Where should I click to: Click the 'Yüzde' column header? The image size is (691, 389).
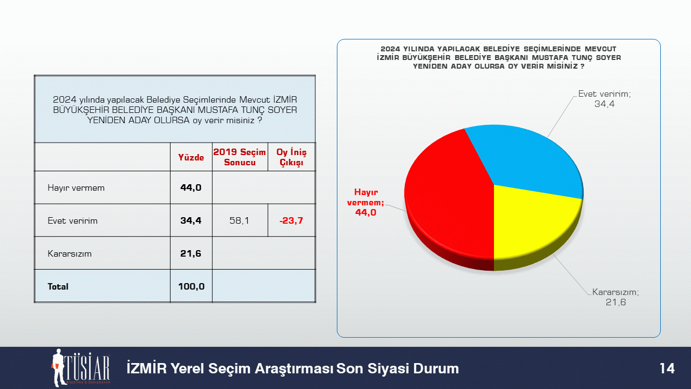[x=191, y=157]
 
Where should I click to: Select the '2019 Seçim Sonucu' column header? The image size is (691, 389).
[x=240, y=157]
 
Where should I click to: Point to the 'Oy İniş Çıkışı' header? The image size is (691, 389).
[x=292, y=157]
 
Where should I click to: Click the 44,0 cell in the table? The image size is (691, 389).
[x=191, y=187]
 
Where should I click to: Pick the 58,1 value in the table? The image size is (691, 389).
[x=239, y=220]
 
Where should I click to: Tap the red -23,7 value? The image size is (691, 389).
[x=291, y=220]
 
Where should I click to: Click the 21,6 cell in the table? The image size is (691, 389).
[x=191, y=253]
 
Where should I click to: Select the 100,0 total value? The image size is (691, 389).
[x=191, y=286]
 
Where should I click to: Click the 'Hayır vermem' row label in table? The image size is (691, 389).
[x=76, y=187]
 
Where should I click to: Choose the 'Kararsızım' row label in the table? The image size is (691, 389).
[x=70, y=254]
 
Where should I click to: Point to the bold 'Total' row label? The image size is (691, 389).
[x=58, y=286]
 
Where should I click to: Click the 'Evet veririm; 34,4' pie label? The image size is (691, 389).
[x=605, y=99]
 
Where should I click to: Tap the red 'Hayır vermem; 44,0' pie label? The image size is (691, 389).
[x=366, y=202]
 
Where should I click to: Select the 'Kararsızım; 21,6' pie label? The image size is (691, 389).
[x=616, y=297]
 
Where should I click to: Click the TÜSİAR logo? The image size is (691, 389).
[x=81, y=368]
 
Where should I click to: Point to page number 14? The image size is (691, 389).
[x=667, y=368]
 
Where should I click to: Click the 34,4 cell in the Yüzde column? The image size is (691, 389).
[x=191, y=220]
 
